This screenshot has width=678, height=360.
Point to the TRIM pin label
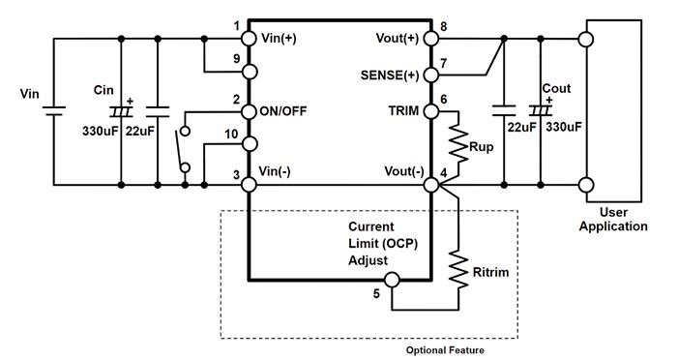tap(403, 110)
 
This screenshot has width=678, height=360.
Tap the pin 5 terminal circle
tap(392, 281)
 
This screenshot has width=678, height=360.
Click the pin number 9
tap(236, 57)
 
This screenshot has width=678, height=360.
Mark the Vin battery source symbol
tap(53, 109)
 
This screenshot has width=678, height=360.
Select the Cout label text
tap(556, 88)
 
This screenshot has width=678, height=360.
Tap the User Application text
tap(622, 219)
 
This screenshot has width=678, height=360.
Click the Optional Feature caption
tap(445, 349)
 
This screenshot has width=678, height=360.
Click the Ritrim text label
tap(488, 273)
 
